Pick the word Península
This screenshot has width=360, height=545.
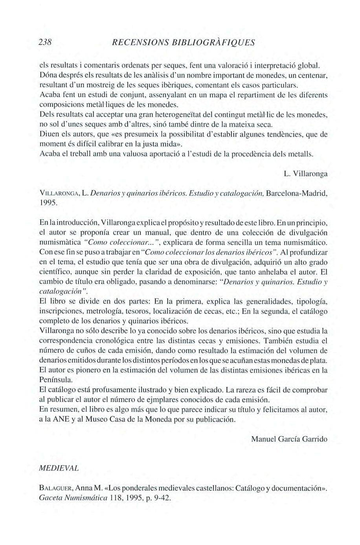pos(56,380)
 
